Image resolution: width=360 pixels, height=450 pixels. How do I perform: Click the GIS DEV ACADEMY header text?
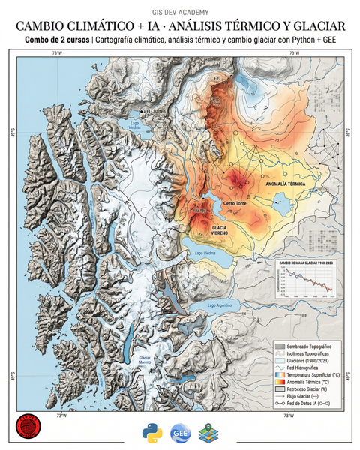click(180, 13)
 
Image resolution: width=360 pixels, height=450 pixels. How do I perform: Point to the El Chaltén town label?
click(158, 112)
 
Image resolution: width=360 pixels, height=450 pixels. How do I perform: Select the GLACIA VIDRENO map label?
click(219, 230)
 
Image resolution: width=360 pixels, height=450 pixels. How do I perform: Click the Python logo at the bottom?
click(152, 432)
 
